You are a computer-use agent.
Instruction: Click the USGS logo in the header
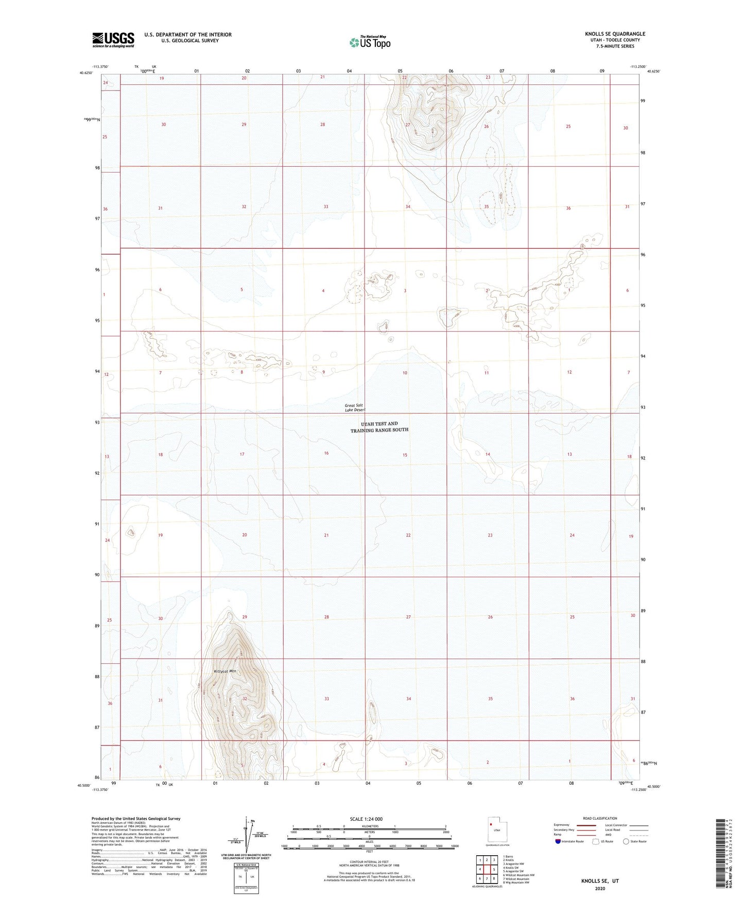pos(113,40)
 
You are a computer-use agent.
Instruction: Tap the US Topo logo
pos(370,42)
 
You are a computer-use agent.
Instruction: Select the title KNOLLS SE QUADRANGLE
pos(615,34)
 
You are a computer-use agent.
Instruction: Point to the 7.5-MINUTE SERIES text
pos(615,46)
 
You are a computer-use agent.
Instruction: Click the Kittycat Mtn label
pos(224,671)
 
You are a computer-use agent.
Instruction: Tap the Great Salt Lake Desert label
pos(355,408)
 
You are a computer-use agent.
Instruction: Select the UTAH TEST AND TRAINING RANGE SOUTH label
pos(379,427)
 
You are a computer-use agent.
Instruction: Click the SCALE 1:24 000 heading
pos(366,819)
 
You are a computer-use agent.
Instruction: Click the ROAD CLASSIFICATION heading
pos(600,818)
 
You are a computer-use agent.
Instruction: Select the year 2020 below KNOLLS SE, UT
pos(600,888)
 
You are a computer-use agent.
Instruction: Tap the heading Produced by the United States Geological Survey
pos(136,818)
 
